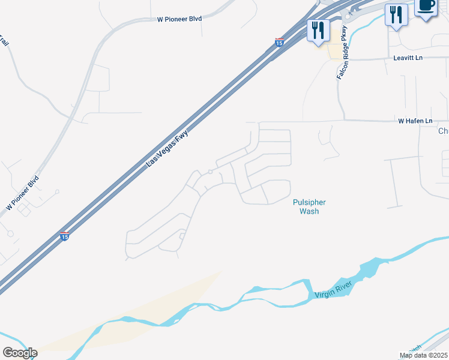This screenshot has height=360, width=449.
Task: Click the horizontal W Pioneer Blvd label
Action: point(179,19)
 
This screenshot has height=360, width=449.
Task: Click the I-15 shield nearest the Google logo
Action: point(64,236)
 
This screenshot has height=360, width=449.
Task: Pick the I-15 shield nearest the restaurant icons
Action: point(279,42)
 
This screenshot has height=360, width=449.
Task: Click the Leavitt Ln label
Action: point(408,58)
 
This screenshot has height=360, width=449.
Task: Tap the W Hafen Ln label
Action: point(415,121)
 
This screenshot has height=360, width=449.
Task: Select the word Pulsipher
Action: point(309,203)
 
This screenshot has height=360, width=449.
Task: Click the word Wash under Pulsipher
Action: point(309,211)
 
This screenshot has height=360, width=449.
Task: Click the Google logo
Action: point(20,353)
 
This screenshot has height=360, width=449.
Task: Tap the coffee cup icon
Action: point(426,6)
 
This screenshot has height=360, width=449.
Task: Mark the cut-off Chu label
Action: point(443,131)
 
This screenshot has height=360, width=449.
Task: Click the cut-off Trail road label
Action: point(4,42)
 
